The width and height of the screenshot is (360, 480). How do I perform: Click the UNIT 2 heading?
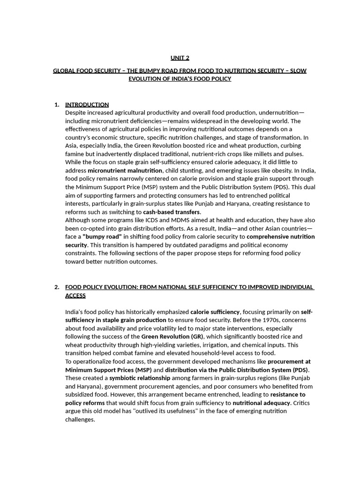pos(180,58)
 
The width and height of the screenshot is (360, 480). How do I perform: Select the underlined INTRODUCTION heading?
pos(87,105)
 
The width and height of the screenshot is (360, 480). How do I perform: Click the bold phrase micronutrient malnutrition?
pos(125,171)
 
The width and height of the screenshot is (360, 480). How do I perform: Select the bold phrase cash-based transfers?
pos(172,212)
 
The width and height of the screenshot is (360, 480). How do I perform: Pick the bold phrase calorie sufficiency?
pos(215,312)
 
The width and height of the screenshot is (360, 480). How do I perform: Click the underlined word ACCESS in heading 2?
pos(75,295)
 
